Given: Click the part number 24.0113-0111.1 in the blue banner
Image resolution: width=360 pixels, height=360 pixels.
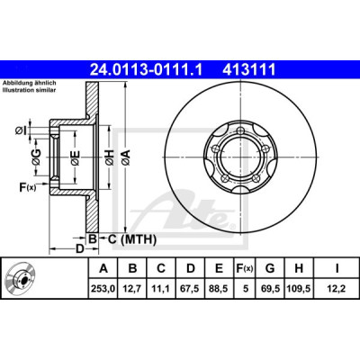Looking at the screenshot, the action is click(147, 69).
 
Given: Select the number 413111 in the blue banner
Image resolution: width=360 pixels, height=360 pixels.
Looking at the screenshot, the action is click(248, 69).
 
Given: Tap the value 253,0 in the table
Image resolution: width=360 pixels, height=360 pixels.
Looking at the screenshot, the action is click(103, 289).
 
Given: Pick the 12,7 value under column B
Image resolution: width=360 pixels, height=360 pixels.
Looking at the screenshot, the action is click(132, 289).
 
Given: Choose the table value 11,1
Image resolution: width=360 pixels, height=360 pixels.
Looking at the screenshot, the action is click(161, 289).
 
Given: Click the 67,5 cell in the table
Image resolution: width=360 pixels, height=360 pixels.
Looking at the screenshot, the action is click(191, 289).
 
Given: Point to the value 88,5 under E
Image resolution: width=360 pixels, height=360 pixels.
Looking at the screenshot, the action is click(220, 289).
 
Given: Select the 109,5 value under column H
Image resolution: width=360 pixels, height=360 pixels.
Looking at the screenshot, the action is click(299, 289).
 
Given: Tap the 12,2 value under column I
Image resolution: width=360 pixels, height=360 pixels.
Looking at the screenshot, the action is click(337, 289).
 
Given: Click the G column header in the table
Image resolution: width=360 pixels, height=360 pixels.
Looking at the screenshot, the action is click(270, 268).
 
